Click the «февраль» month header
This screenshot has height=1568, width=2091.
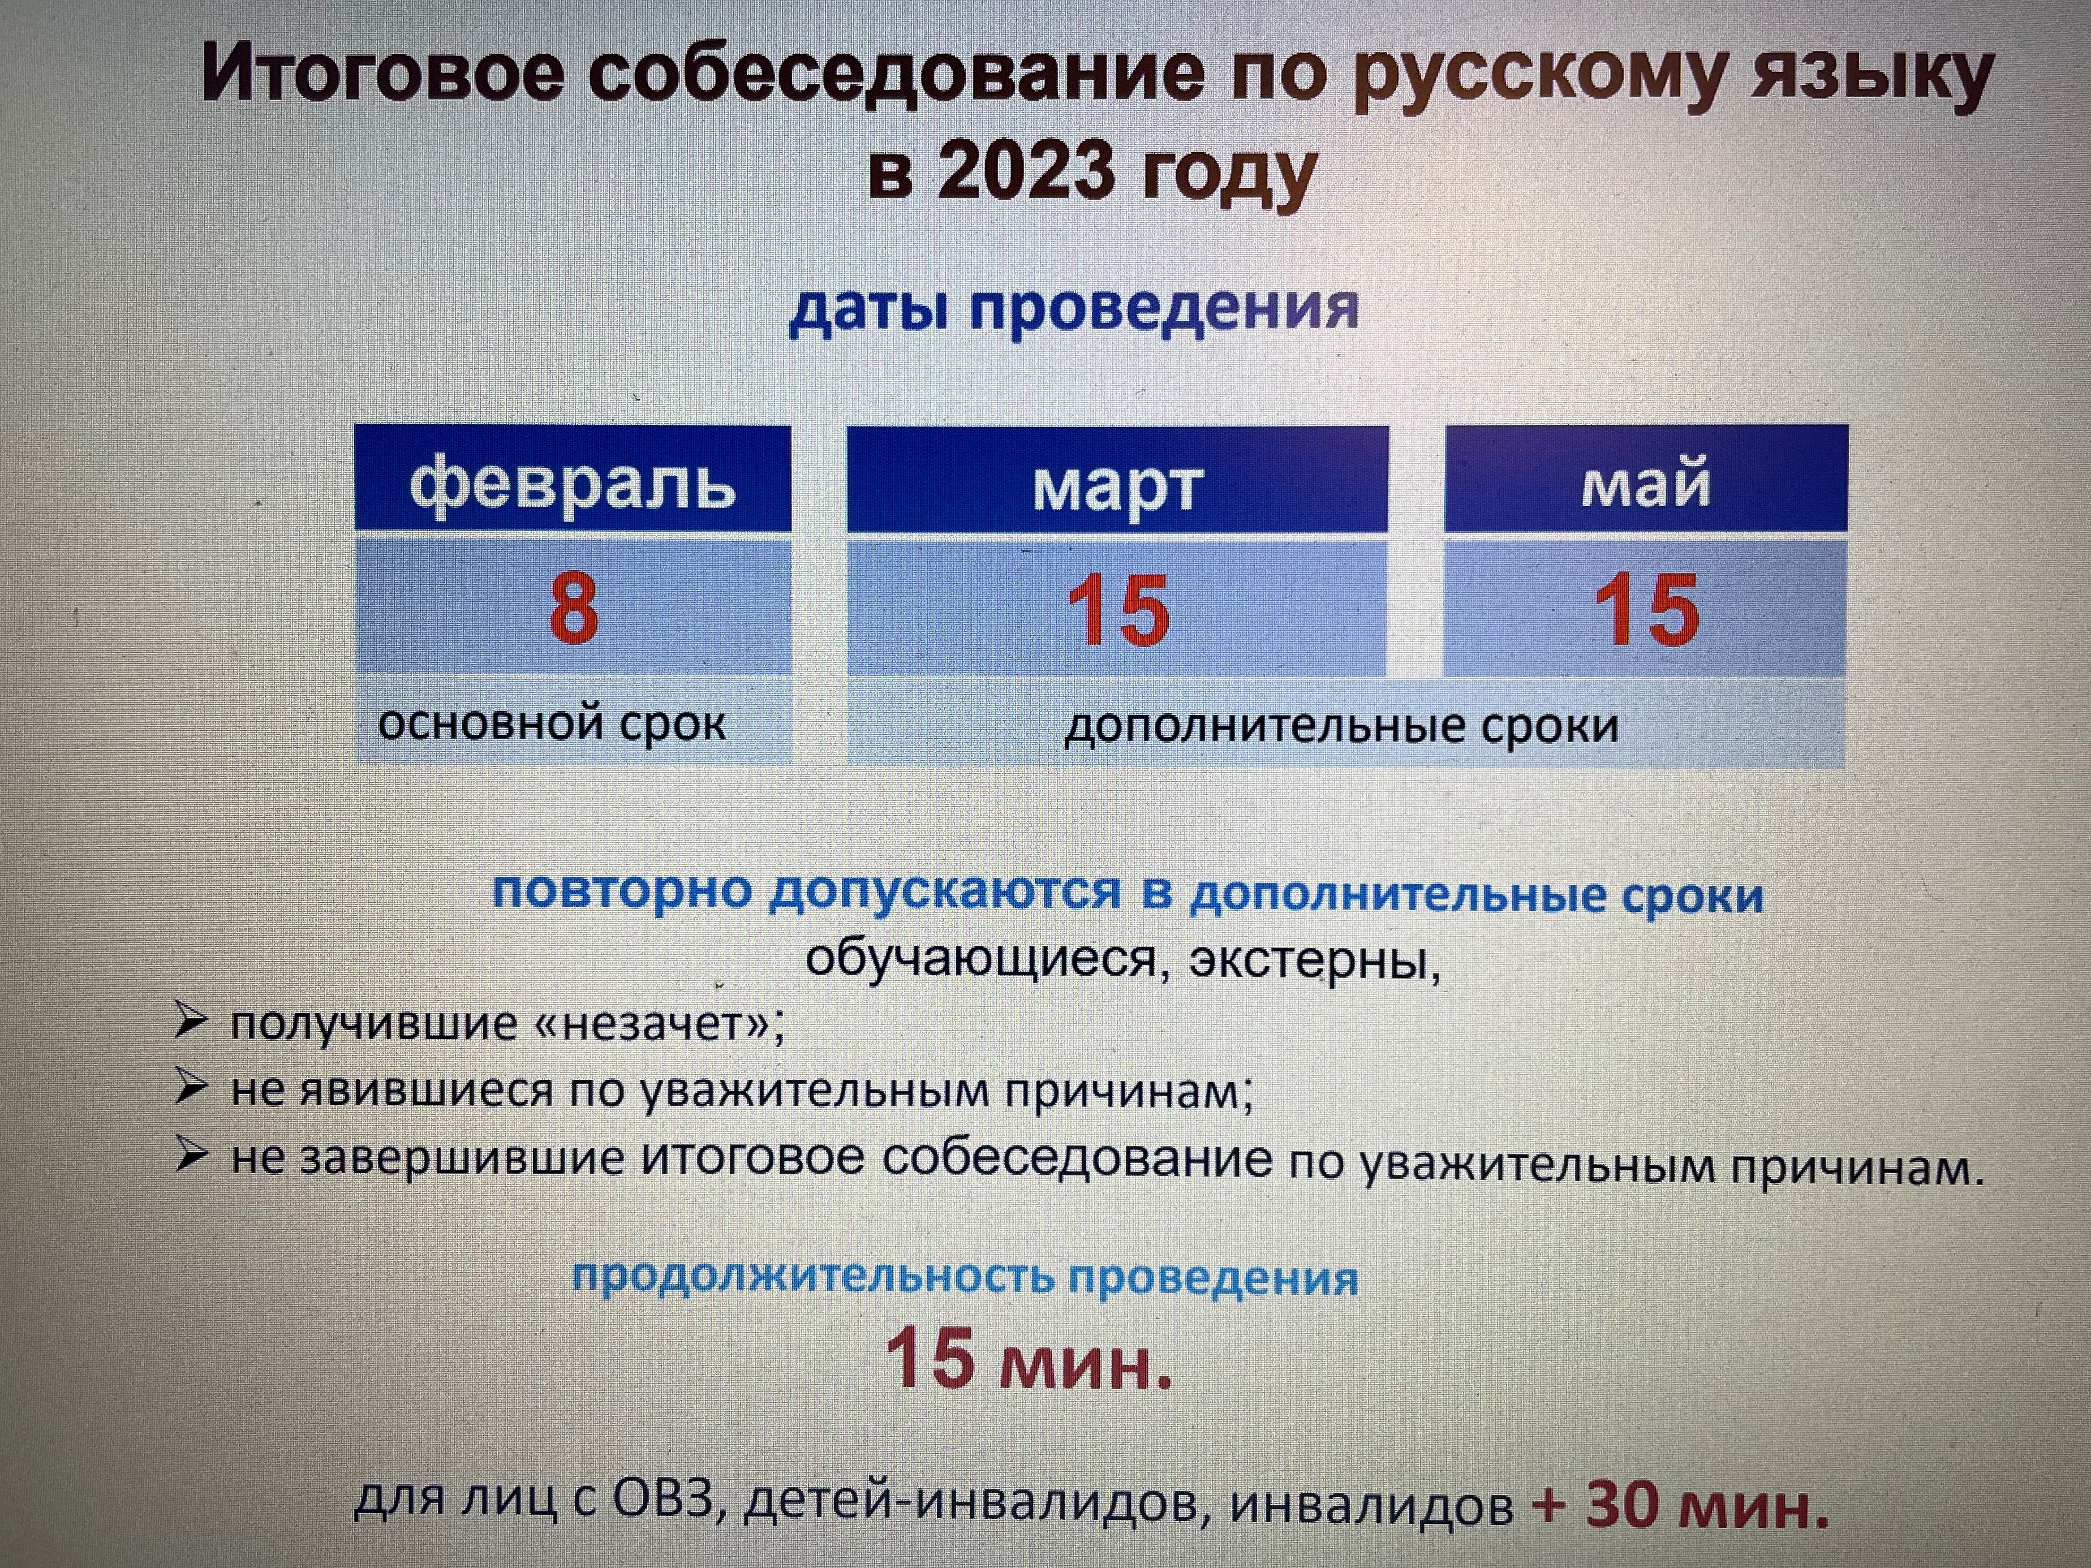click(x=573, y=484)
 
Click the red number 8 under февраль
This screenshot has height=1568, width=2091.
click(x=574, y=607)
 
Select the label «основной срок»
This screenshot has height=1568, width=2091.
click(x=552, y=724)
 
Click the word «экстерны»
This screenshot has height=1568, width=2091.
click(x=1314, y=960)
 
